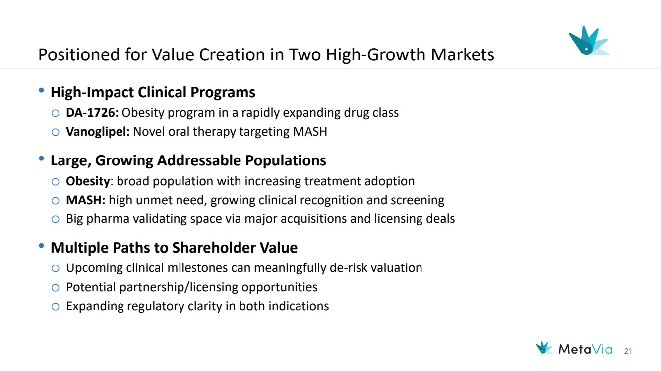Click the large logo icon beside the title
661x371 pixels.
point(589,41)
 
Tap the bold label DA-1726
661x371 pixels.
point(92,113)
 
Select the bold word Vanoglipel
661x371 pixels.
point(98,132)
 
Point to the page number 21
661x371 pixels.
point(628,351)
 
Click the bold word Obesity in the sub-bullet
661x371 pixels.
point(88,181)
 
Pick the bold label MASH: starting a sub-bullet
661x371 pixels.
point(86,200)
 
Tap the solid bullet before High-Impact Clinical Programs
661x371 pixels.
point(41,90)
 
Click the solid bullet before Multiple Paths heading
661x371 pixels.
point(41,246)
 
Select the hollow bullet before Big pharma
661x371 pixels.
point(56,219)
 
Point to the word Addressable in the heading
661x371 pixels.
point(199,160)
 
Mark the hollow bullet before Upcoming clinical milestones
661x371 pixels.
point(56,268)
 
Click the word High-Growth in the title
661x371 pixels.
point(376,54)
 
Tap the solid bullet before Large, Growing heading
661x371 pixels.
point(41,159)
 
